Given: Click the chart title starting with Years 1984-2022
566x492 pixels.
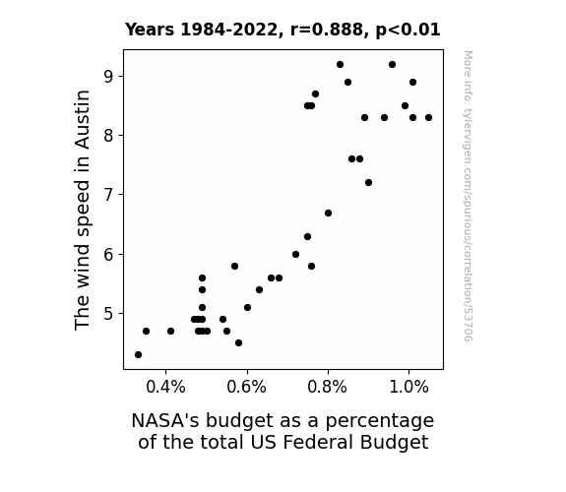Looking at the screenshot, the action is click(283, 30).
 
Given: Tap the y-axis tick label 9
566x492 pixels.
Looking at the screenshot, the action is click(108, 76).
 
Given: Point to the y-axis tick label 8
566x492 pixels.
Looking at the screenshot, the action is click(108, 136).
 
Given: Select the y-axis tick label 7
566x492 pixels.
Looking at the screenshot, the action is click(108, 195).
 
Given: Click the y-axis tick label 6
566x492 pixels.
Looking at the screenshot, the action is click(108, 254).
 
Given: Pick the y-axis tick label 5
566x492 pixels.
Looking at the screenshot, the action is click(108, 313).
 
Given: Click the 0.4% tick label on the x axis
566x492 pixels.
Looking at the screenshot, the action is click(165, 388).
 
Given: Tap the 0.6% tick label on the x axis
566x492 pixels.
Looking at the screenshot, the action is click(247, 388).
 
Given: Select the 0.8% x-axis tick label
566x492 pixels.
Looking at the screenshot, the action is click(328, 388).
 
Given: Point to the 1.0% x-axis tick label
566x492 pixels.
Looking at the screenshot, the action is click(409, 388).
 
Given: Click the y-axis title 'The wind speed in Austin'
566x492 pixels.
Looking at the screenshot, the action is click(82, 210).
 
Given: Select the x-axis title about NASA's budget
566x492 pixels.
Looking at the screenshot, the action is click(283, 431).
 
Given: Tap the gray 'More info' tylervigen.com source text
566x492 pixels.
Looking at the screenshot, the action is click(468, 196).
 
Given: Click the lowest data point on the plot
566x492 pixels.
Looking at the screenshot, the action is click(138, 355).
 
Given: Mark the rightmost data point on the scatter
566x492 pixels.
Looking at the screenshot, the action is click(428, 118).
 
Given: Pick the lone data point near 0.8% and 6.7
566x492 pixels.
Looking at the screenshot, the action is click(328, 213).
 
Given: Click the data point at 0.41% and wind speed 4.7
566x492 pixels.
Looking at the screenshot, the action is click(170, 331).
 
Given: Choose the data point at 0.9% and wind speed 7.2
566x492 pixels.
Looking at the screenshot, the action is click(368, 183).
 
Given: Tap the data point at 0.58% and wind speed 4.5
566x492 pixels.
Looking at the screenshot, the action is click(238, 342).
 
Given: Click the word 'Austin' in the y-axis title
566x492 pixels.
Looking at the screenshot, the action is click(82, 119).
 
